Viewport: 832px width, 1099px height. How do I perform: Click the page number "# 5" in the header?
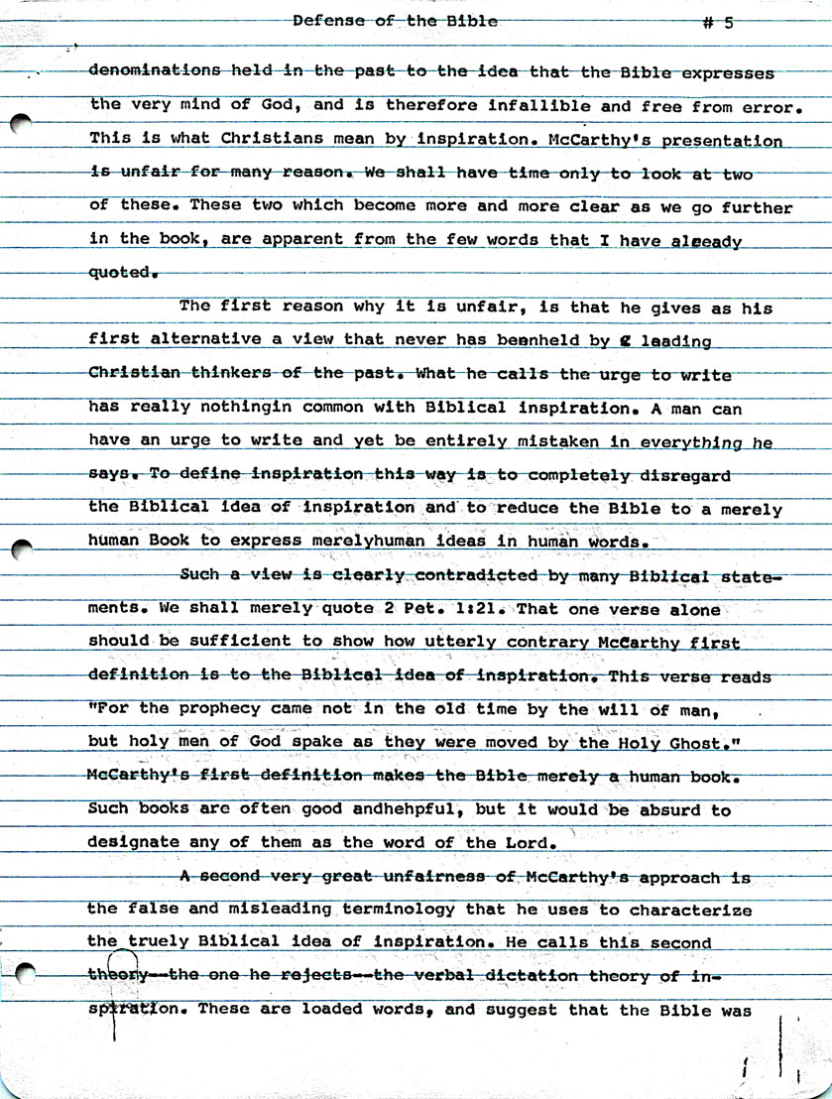tap(716, 24)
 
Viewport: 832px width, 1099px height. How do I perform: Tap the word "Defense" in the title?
tap(328, 20)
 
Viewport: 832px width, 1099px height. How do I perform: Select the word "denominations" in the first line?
tap(155, 70)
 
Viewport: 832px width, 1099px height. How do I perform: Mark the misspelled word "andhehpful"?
tap(406, 809)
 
